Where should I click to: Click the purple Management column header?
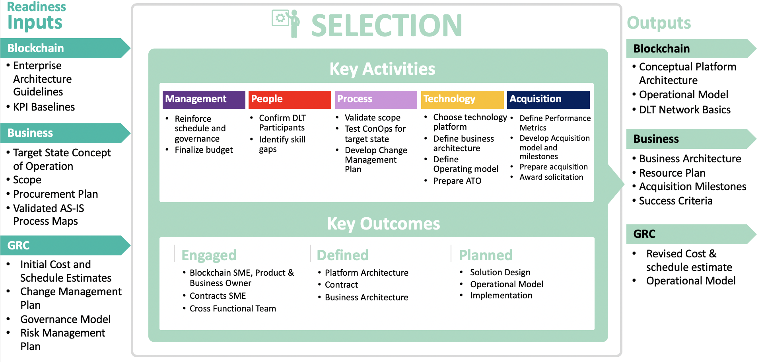pos(204,99)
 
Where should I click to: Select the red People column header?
pos(290,99)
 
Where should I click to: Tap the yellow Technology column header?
pos(462,99)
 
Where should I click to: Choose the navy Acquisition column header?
pos(548,99)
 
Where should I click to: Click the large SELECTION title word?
pos(387,25)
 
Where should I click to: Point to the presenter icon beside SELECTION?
pos(286,23)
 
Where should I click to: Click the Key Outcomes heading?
pos(383,224)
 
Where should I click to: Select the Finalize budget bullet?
pos(204,150)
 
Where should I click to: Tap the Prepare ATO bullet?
pos(457,181)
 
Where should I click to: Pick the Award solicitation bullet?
pos(551,177)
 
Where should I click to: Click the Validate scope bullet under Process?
pos(372,118)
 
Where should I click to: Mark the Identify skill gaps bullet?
pos(282,144)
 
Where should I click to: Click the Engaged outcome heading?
pos(209,255)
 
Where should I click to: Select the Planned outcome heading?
pos(486,255)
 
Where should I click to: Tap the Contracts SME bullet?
pos(218,296)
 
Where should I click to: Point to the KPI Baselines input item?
pos(44,107)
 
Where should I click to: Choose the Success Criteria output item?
pos(675,201)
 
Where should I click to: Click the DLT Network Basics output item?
pos(684,110)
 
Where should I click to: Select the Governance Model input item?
pos(65,319)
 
